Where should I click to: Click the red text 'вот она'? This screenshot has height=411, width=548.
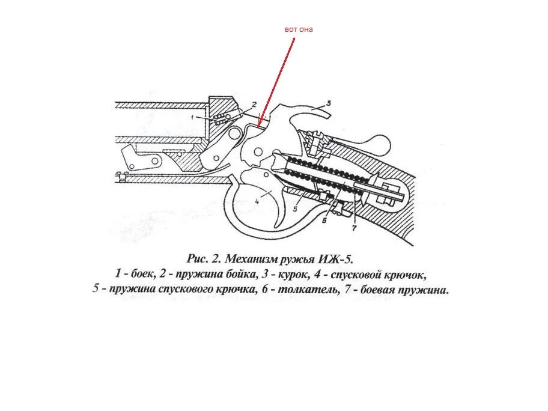[x=299, y=29]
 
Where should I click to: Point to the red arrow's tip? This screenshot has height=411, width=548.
[x=259, y=126]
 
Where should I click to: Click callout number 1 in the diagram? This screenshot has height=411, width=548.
[x=193, y=117]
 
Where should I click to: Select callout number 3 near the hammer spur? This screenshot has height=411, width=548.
[x=329, y=102]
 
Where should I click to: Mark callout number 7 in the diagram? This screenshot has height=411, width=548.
[x=354, y=228]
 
